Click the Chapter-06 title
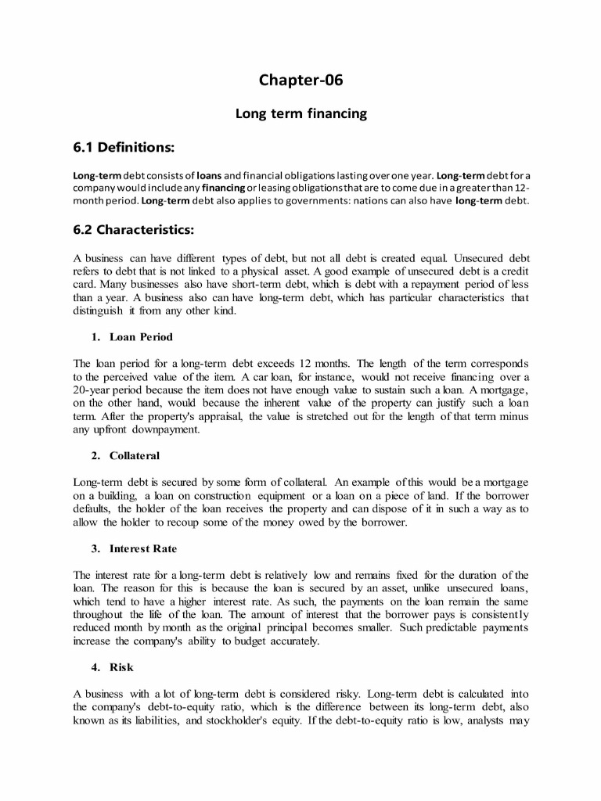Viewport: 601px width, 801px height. coord(300,81)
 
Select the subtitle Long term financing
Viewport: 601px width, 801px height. coord(300,114)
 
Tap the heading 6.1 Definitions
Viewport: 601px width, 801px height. coord(124,147)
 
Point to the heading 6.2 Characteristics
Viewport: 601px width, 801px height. coord(133,231)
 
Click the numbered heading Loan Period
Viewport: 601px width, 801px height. coord(141,337)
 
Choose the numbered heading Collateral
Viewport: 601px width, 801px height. coord(134,455)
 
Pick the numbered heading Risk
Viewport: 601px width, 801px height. coord(121,667)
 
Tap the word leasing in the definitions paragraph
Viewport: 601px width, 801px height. coord(264,188)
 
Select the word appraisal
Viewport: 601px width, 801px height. coord(221,417)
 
